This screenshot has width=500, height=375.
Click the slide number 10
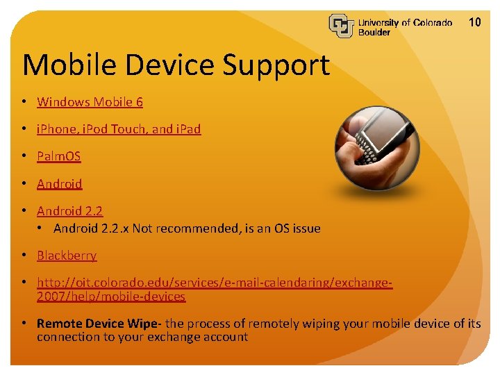[x=475, y=22]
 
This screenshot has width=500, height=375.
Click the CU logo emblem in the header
[x=342, y=26]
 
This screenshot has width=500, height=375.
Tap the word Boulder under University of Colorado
[x=374, y=33]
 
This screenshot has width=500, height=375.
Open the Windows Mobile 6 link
[x=90, y=102]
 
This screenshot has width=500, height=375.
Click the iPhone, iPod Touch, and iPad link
[x=119, y=129]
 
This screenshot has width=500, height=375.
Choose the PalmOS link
[x=59, y=156]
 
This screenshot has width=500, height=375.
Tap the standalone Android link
[x=60, y=184]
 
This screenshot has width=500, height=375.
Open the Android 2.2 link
[x=70, y=211]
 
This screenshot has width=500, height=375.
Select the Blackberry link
[x=67, y=256]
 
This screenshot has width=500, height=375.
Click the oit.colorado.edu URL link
[x=215, y=283]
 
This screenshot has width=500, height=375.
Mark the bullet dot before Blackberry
[x=24, y=256]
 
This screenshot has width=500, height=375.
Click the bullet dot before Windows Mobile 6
[x=24, y=102]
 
